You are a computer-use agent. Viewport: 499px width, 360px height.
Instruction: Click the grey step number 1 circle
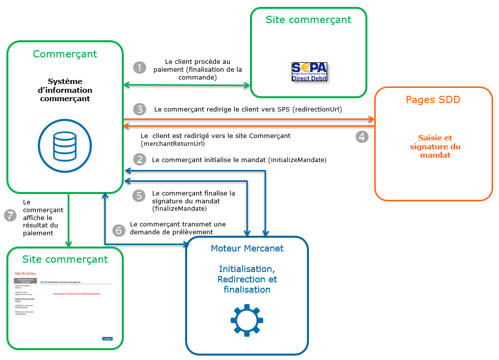pos(140,67)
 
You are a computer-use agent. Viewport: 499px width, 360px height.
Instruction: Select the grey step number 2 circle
pos(140,159)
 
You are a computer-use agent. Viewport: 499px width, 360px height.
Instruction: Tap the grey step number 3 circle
pos(140,109)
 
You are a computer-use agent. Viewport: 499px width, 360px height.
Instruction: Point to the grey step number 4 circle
pos(362,137)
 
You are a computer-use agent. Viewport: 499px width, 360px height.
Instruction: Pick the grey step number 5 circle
pos(140,195)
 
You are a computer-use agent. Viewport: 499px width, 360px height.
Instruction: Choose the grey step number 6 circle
pos(119,230)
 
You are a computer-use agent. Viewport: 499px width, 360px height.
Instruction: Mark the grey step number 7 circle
pos(10,215)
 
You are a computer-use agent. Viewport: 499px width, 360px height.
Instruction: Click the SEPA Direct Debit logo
pos(309,72)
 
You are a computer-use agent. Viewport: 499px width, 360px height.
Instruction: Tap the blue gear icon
pos(247,320)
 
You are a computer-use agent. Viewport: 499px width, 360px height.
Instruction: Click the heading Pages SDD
pos(433,100)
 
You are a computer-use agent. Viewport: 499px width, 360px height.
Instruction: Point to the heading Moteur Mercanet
pos(247,249)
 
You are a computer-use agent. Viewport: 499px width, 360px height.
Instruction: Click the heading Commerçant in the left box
pos(65,54)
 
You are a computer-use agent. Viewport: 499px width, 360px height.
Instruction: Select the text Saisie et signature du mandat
pos(435,146)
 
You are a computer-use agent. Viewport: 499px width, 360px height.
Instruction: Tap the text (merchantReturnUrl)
pos(173,144)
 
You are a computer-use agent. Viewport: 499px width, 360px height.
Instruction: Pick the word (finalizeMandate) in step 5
pos(176,209)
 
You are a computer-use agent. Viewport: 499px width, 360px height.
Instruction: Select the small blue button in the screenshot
pos(107,338)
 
